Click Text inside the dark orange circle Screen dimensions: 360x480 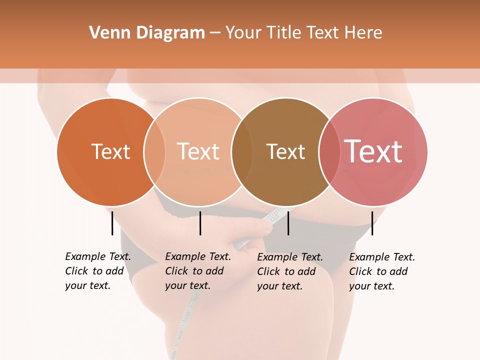[110, 151]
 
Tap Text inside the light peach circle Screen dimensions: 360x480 [198, 151]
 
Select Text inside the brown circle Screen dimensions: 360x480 [285, 151]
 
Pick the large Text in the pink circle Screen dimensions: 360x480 [373, 151]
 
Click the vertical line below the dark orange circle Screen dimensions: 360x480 [112, 223]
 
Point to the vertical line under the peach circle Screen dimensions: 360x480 [200, 223]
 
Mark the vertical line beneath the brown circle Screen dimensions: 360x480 [288, 223]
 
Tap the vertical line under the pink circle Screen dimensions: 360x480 [372, 223]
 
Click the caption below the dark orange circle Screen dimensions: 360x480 [98, 271]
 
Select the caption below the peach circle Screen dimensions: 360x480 [198, 271]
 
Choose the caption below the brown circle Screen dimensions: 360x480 [290, 271]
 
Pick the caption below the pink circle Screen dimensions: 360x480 [382, 271]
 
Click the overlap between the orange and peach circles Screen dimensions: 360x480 [154, 151]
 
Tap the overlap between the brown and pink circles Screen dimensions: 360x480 [329, 151]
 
